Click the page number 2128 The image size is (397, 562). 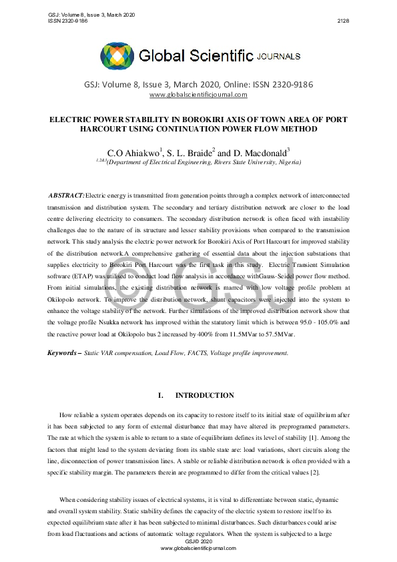point(343,21)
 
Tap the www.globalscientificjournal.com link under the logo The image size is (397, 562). point(198,95)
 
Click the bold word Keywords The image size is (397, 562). point(62,352)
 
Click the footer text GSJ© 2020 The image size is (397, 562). point(198,541)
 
